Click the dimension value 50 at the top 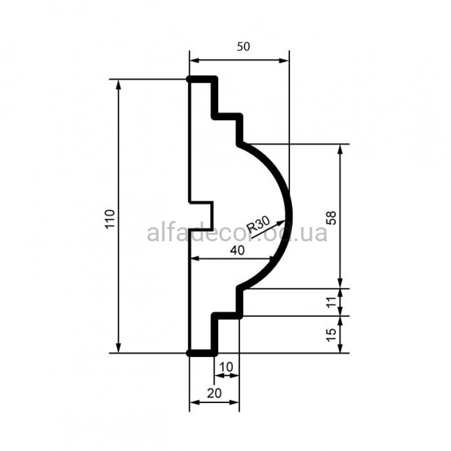click(x=244, y=47)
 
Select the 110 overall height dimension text click(x=110, y=219)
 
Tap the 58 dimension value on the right click(x=331, y=218)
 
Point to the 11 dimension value click(x=331, y=302)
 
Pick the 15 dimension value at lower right click(x=331, y=335)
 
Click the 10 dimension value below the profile click(x=226, y=367)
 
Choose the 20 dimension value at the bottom click(x=215, y=393)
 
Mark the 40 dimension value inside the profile click(x=237, y=250)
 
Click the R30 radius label click(x=258, y=224)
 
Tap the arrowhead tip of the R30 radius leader click(x=285, y=221)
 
